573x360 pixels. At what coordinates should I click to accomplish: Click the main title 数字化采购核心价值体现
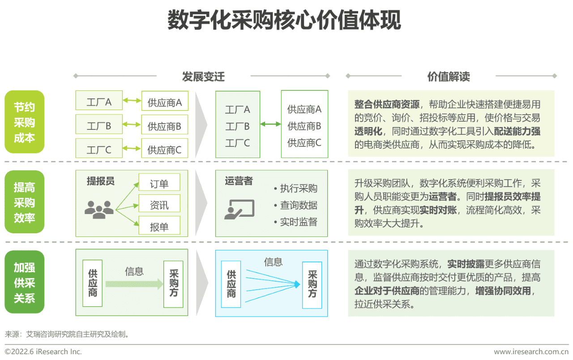point(284,21)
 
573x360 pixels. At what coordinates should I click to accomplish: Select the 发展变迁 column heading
point(203,77)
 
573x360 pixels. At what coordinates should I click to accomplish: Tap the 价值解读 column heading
point(449,77)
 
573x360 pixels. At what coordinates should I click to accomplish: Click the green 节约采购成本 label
point(25,122)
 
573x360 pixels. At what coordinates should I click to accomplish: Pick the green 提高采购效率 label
point(25,202)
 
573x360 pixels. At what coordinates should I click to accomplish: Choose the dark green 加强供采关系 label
point(25,283)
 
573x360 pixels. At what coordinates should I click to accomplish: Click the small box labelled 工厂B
point(99,125)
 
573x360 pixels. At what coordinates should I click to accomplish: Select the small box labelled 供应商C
point(164,149)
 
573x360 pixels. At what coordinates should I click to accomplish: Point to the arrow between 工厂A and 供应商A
point(132,101)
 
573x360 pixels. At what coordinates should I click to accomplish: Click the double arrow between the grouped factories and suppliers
point(270,124)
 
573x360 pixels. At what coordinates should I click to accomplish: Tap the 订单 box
point(159,184)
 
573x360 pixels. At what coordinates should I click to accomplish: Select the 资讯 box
point(159,205)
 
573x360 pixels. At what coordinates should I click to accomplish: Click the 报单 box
point(159,227)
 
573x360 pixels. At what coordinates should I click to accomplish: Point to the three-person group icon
point(99,209)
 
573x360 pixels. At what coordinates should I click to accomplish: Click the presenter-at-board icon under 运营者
point(239,209)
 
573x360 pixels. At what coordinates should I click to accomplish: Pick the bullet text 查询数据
point(298,205)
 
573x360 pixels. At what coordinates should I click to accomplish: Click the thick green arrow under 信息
point(134,284)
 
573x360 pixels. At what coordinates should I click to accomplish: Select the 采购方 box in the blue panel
point(312,284)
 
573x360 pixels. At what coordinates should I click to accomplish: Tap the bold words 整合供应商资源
point(387,104)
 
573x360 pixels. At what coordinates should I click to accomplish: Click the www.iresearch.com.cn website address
point(531,351)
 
